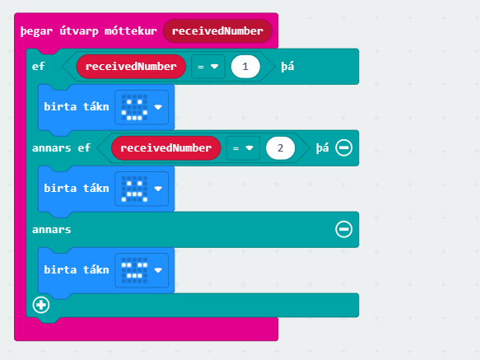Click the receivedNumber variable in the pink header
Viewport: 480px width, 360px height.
(217, 31)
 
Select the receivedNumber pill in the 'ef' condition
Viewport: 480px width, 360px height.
(131, 67)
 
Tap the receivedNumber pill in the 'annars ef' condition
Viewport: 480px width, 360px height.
(166, 148)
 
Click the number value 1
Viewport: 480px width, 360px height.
(245, 67)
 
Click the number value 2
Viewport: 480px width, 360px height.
(281, 148)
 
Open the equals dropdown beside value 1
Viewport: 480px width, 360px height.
(208, 67)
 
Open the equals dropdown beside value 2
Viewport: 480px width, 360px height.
(243, 148)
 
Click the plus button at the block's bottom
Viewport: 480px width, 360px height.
(41, 305)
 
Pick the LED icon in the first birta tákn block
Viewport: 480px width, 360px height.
(134, 107)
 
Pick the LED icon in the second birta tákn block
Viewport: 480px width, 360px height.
(134, 189)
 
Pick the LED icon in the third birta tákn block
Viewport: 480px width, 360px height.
(134, 270)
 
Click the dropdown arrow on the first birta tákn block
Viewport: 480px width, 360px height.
(158, 107)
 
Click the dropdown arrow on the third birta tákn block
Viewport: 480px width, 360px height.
(158, 270)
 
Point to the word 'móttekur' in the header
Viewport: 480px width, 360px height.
(131, 30)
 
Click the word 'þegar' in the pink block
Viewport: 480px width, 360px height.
(36, 31)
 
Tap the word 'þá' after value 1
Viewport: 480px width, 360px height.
(288, 67)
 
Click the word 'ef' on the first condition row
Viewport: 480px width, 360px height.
(39, 66)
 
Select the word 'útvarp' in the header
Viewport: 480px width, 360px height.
(79, 31)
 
